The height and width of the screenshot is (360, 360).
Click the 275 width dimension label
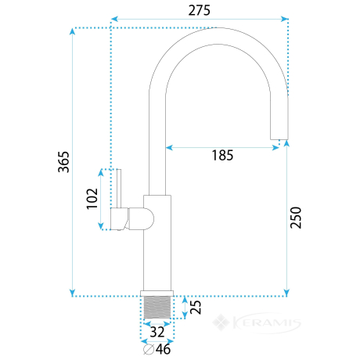pos(199,10)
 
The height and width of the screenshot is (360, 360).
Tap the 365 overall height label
pos(63,162)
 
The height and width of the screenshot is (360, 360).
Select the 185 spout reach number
pos(222,156)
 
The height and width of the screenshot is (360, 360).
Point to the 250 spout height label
pos(296,218)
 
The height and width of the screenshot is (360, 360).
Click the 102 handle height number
pos(92,199)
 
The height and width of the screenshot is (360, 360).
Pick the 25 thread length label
pos(196,307)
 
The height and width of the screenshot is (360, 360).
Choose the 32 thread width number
pos(157,332)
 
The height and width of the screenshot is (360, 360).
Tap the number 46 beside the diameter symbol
pos(163,349)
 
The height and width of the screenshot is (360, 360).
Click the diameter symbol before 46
pos(149,349)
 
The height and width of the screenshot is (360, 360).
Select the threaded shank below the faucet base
pos(157,308)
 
